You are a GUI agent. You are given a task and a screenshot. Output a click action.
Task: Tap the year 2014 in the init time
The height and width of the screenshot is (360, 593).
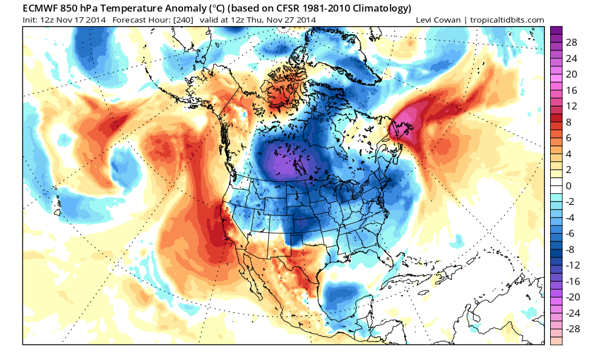pos(96,20)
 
